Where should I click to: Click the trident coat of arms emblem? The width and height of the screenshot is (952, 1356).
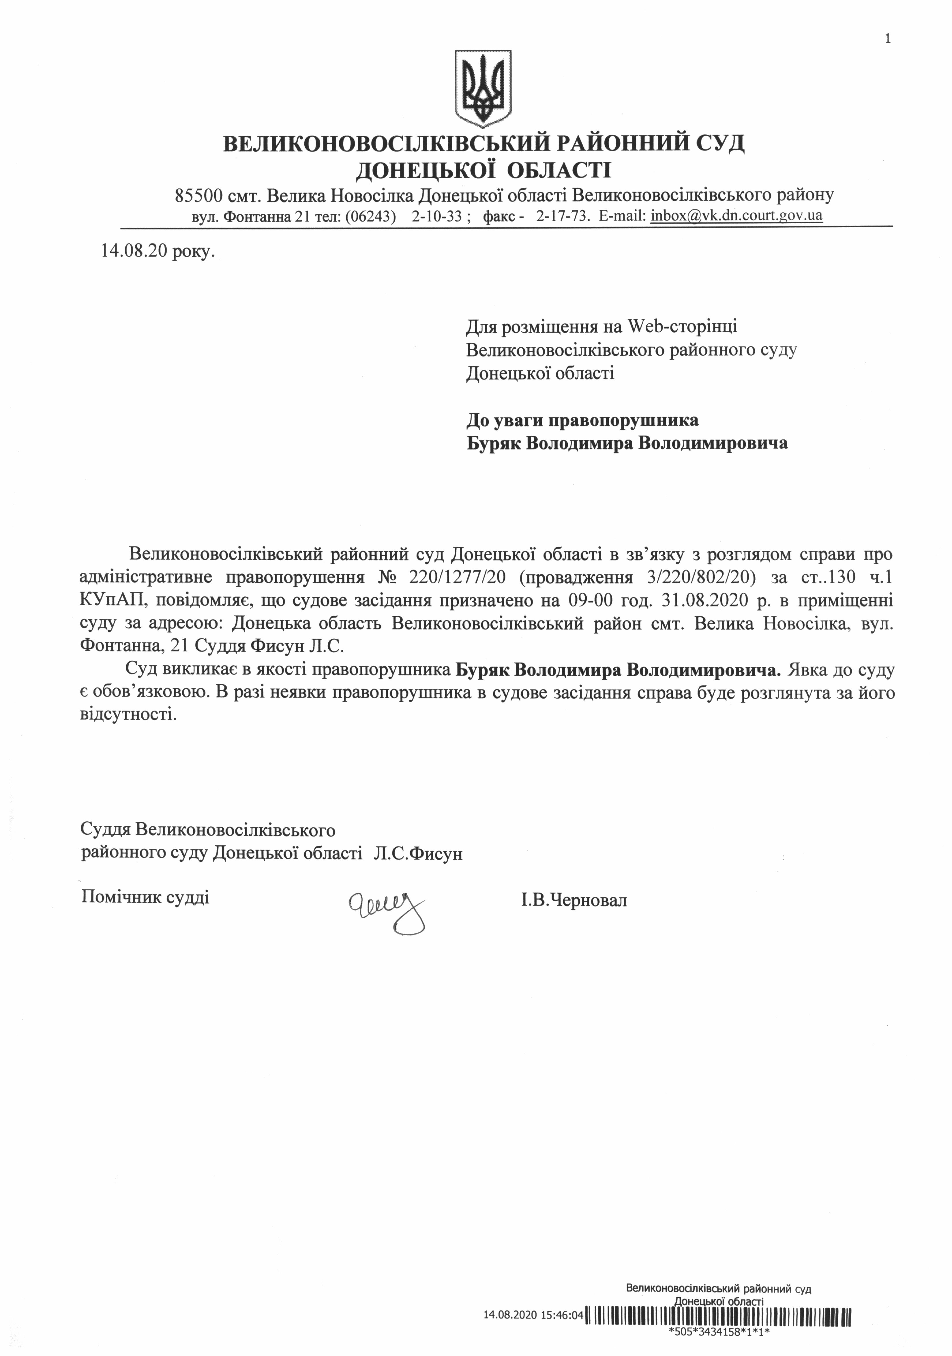[483, 89]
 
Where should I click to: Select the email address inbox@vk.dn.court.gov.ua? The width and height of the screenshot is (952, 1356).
[737, 216]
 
